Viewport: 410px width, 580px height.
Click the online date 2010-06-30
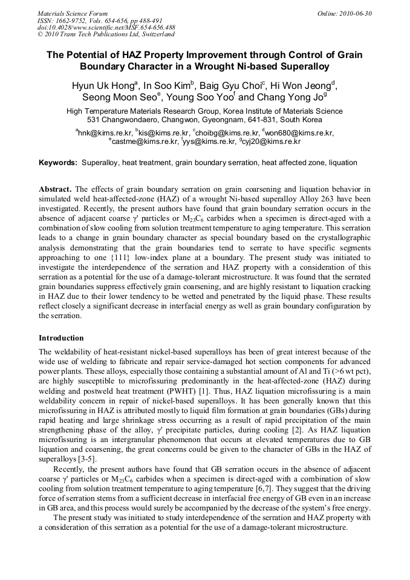point(356,13)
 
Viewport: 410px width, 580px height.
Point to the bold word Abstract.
point(56,189)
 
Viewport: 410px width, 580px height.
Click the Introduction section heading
point(61,338)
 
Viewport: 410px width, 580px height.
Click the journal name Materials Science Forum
point(73,13)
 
